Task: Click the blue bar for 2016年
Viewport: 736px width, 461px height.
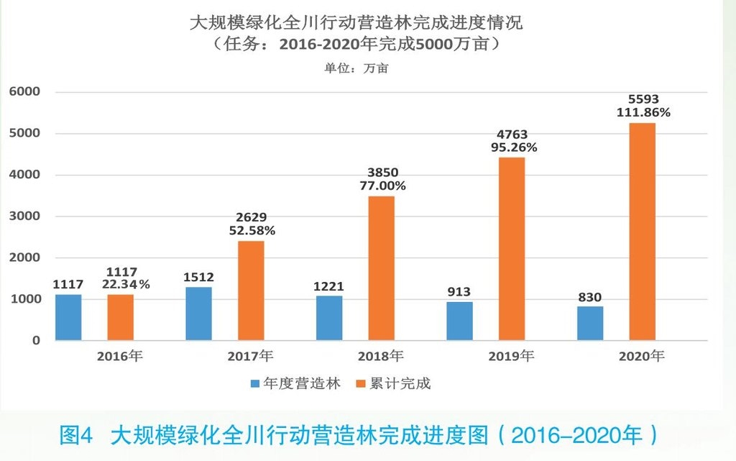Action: point(68,317)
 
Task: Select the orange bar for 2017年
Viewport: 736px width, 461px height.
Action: point(251,291)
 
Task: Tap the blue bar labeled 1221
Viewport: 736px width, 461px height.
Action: point(329,318)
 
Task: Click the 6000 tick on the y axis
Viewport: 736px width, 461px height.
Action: point(24,92)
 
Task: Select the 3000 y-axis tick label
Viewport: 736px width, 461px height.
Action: point(24,216)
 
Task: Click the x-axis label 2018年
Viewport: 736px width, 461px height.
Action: point(381,356)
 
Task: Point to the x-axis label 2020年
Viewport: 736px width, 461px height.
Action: point(642,356)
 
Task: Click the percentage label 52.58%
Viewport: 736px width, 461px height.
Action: point(251,231)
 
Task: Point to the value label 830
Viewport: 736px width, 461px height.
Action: point(589,296)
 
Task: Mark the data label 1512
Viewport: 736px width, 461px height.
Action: point(198,277)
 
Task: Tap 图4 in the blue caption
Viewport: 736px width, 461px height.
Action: point(77,435)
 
